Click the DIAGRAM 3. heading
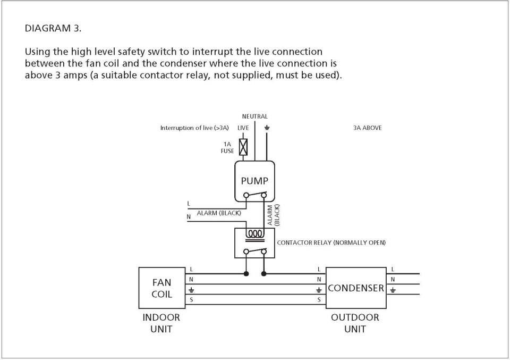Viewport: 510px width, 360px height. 53,28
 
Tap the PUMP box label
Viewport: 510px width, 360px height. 254,181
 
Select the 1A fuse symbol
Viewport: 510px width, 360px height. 243,147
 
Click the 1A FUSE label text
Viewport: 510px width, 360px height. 227,147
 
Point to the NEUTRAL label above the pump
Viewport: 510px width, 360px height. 254,116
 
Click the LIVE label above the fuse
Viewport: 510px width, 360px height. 243,128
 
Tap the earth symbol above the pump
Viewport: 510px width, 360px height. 267,128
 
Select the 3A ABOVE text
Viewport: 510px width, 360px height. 367,128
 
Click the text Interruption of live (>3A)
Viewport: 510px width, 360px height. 194,128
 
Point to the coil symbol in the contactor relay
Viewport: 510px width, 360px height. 254,233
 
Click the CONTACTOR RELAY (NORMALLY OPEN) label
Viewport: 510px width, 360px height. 331,242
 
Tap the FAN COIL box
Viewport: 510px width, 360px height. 162,288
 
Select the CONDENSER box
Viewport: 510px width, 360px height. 356,288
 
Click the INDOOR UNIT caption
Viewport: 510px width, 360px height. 161,323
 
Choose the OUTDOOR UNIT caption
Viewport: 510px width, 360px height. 355,323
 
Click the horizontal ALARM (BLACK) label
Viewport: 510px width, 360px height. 219,213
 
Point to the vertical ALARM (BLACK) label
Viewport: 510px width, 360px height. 273,215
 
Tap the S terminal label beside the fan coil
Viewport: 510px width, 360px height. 191,300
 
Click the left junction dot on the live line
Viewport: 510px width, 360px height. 246,274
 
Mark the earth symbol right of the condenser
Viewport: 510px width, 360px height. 393,289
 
